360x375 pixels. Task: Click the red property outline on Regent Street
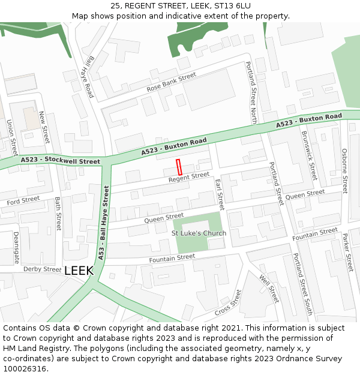click(x=179, y=167)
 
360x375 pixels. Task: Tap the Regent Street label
click(x=189, y=177)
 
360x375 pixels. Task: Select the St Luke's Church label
click(x=199, y=233)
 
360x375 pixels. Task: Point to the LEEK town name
click(x=79, y=271)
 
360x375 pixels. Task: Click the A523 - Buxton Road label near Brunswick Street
click(x=309, y=120)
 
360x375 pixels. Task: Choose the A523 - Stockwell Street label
click(x=60, y=161)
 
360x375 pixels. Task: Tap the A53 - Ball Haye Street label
click(x=103, y=222)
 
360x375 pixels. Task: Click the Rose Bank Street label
click(x=172, y=83)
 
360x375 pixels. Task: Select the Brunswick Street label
click(x=308, y=155)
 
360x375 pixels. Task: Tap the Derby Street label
click(x=43, y=269)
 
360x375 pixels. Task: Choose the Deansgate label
click(x=16, y=248)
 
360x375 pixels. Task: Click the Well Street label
click(x=269, y=288)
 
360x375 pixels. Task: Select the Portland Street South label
click(x=302, y=284)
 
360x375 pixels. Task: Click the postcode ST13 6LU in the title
click(x=231, y=5)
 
